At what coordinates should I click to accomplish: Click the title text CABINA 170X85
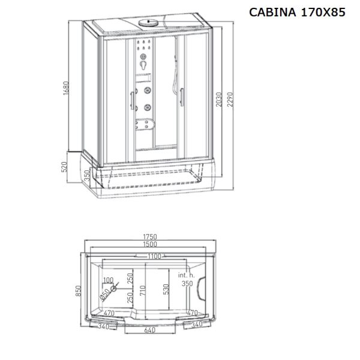point(297,12)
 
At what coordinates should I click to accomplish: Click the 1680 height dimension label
point(66,88)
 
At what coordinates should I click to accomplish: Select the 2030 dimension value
point(219,100)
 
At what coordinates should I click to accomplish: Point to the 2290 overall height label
point(230,100)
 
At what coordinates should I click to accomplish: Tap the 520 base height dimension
point(64,167)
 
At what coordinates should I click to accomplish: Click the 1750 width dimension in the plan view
point(150,236)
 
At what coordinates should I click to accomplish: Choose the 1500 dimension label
point(150,244)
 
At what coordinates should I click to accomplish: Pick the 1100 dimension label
point(154,256)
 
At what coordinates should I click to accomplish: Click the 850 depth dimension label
point(78,290)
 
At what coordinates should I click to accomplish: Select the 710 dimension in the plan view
point(143,290)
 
